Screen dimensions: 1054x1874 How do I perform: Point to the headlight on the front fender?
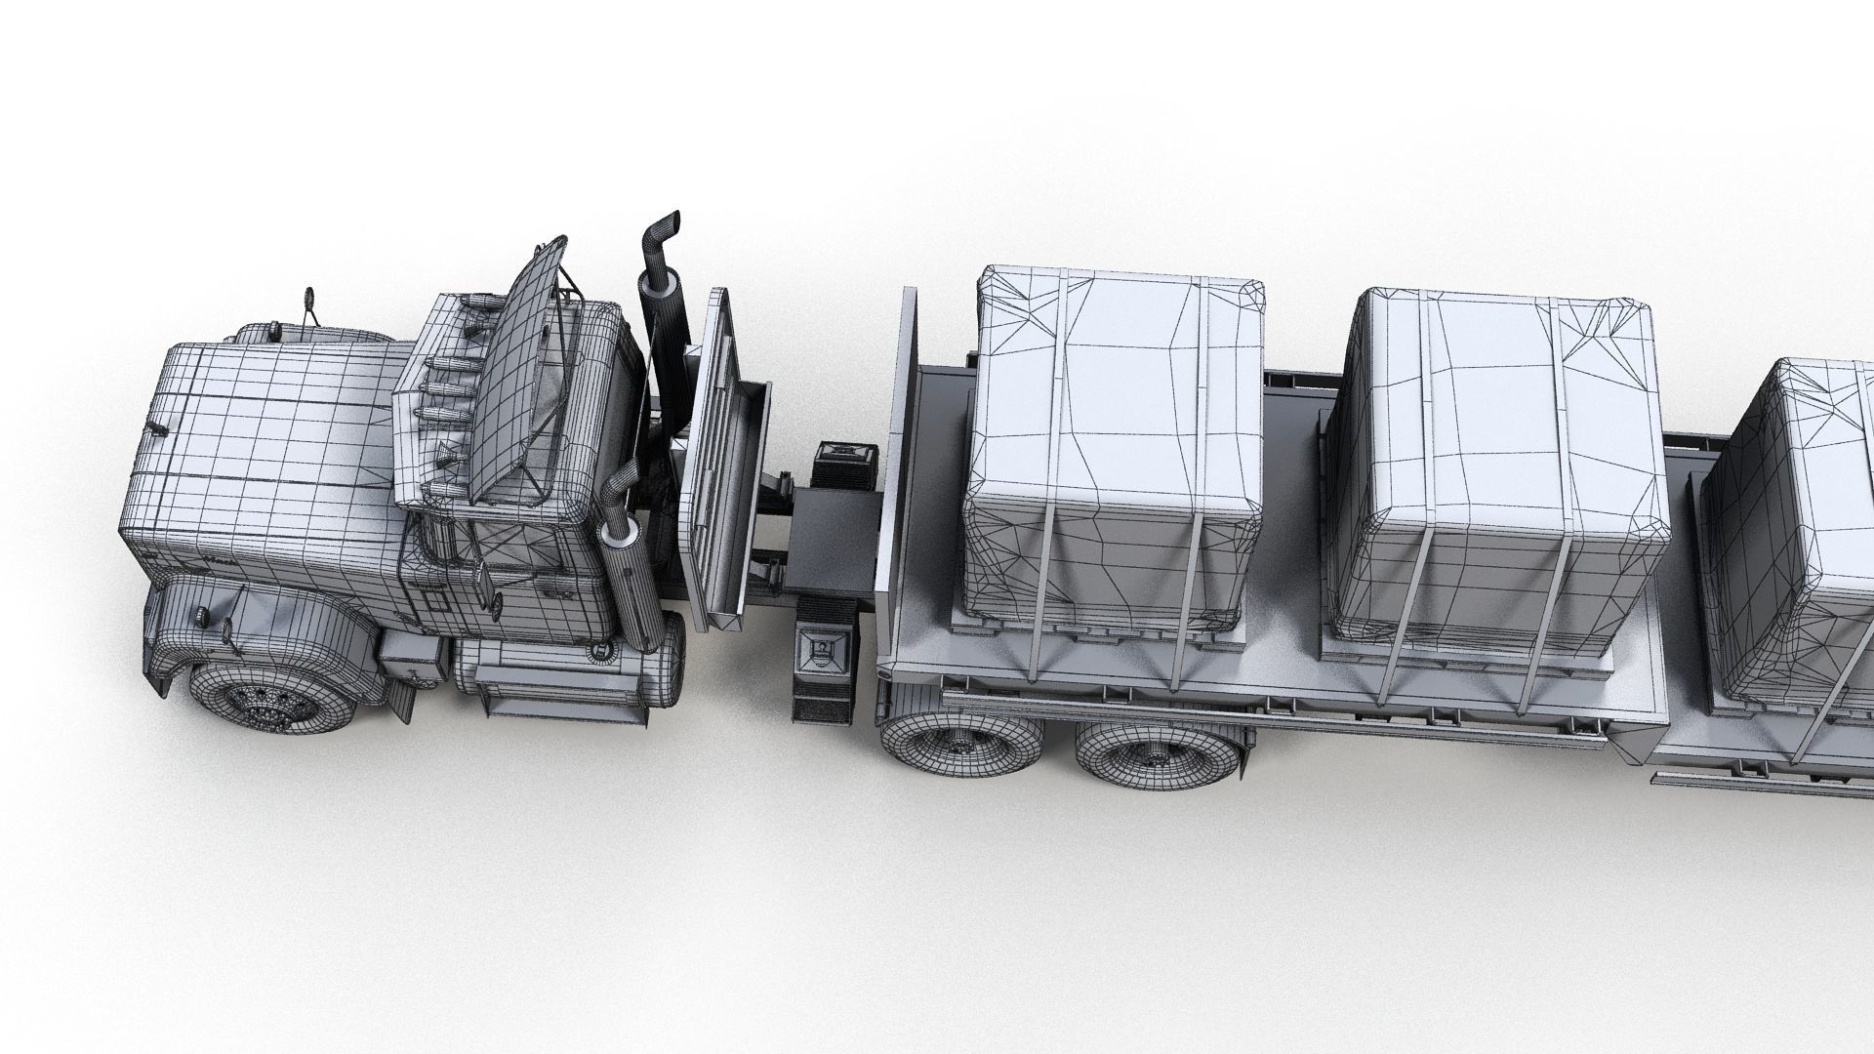200,616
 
